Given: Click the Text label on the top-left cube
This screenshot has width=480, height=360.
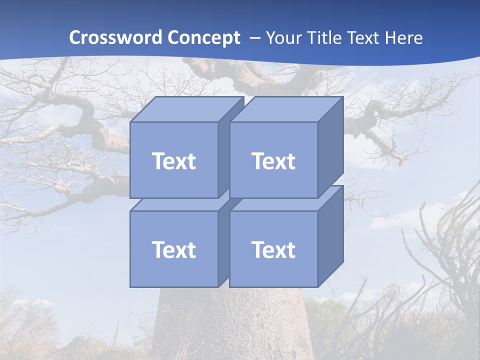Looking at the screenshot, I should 173,161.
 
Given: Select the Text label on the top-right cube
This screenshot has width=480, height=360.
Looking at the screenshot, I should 273,161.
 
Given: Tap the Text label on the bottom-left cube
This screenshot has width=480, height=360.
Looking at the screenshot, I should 173,249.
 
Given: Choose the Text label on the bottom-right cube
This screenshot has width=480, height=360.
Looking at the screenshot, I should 273,249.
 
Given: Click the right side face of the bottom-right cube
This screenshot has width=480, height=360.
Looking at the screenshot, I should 330,235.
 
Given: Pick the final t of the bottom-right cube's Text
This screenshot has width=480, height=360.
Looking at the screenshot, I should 290,249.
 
